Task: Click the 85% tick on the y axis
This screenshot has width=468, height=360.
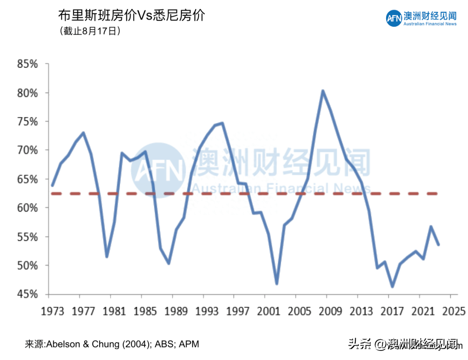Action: coord(27,65)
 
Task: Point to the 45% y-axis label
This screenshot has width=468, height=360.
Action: coord(27,295)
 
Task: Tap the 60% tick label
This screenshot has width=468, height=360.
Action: coord(27,208)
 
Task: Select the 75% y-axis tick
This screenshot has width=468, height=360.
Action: coord(27,122)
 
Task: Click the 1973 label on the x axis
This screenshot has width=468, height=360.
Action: coord(52,311)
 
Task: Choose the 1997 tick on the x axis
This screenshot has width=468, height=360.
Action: coord(237,311)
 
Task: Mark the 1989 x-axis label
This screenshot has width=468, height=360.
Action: coord(175,311)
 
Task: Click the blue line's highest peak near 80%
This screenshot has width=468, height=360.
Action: coord(322,91)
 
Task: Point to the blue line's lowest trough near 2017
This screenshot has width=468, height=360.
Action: coord(392,286)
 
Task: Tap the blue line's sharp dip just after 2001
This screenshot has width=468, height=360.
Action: coord(276,284)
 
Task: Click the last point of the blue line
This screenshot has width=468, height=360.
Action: coord(439,245)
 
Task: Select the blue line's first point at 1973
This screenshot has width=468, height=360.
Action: coord(52,185)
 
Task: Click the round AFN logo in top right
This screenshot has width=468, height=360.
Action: coord(394,18)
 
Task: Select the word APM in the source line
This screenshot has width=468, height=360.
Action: coord(189,344)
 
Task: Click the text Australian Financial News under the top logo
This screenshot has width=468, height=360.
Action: coord(430,24)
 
